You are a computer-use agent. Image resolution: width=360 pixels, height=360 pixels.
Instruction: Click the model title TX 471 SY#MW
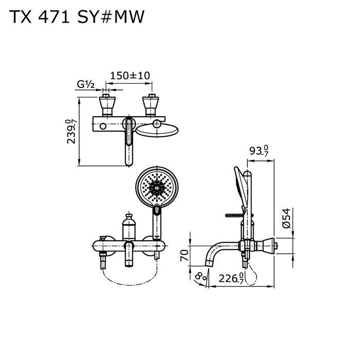(x=77, y=17)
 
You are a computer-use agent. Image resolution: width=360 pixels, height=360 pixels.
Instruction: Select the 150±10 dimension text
(x=130, y=76)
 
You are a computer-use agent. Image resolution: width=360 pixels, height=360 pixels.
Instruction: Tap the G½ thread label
(x=86, y=84)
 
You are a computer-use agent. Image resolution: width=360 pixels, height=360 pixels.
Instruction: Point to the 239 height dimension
(x=71, y=132)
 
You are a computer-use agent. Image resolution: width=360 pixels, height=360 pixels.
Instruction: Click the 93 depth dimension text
(x=259, y=151)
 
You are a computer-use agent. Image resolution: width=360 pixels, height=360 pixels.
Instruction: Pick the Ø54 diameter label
(x=286, y=218)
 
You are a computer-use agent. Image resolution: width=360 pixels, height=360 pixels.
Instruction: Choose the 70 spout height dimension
(x=184, y=256)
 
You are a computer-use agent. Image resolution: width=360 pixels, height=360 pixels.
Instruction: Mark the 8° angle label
(x=201, y=276)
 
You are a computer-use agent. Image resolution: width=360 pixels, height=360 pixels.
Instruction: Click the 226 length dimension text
(x=231, y=279)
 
